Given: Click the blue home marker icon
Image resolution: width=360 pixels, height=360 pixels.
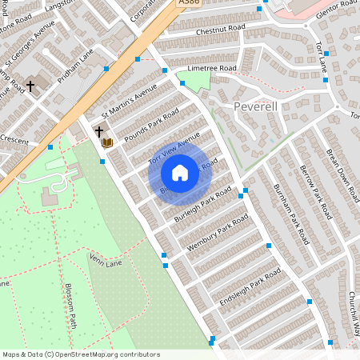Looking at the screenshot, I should pos(180,173).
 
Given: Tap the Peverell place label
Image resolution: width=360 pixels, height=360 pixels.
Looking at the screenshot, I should pos(255,106).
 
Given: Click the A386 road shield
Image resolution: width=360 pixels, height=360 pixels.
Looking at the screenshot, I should pos(188,4).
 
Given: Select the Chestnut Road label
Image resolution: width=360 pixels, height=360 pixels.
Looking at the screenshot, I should pos(215,32).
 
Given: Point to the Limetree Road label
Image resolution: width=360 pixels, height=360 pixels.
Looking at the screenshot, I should pos(211,69).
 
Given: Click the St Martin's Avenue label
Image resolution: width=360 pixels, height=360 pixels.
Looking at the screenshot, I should pos(123,102).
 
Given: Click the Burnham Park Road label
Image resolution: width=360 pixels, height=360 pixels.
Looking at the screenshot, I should pos(286,212).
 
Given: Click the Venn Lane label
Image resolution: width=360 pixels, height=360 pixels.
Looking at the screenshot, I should pos(106,260).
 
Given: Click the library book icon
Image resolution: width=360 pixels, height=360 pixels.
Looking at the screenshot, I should pos(107,142).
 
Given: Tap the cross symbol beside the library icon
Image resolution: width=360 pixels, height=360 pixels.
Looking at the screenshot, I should pos(99,131).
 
